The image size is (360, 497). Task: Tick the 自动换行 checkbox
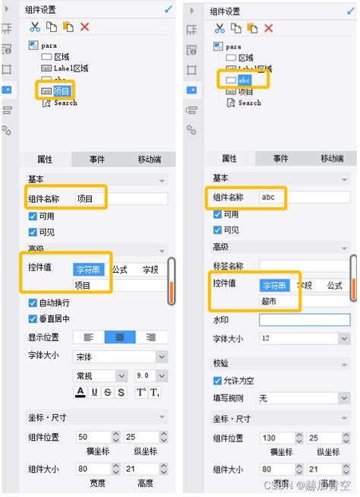[32, 303]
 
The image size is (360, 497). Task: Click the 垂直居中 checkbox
[32, 318]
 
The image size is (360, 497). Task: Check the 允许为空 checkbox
[217, 380]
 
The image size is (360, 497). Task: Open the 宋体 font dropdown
[119, 356]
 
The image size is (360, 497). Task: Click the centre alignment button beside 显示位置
[119, 337]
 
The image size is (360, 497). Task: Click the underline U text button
[94, 392]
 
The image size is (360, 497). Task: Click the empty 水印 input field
[304, 321]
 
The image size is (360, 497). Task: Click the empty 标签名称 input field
[304, 266]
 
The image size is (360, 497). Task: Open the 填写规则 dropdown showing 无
[304, 397]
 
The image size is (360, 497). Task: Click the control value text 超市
[270, 302]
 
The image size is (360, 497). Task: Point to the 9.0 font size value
[143, 375]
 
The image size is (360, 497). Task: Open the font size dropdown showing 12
[304, 337]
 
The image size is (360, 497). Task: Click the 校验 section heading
[221, 363]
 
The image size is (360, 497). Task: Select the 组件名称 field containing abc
[304, 196]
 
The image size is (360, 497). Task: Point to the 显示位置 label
[46, 337]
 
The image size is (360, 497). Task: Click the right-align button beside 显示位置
[150, 337]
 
